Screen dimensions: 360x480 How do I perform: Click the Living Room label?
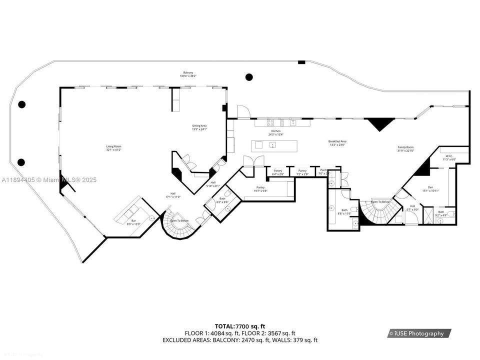tap(113, 148)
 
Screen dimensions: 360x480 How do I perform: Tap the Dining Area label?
tap(199, 127)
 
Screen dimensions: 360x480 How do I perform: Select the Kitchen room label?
tap(276, 132)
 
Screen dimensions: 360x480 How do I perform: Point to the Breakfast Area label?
tap(337, 143)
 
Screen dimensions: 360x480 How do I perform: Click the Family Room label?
tap(405, 149)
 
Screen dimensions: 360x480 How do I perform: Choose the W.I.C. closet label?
tap(449, 158)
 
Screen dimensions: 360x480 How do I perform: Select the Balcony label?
tap(188, 74)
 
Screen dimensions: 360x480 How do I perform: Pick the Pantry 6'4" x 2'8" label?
tap(278, 172)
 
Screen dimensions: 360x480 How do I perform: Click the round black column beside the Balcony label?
tap(249, 77)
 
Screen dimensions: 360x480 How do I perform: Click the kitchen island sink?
tap(272, 145)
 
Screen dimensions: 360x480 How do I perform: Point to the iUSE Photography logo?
tap(419, 333)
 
